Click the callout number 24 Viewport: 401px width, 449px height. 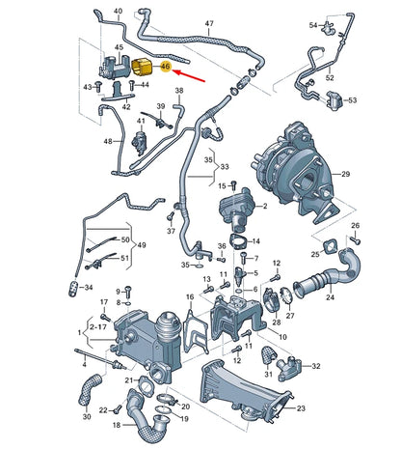329,298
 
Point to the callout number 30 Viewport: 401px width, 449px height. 87,417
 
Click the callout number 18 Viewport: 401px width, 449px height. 117,426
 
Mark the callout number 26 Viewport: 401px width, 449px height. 354,227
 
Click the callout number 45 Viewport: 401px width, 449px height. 119,47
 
